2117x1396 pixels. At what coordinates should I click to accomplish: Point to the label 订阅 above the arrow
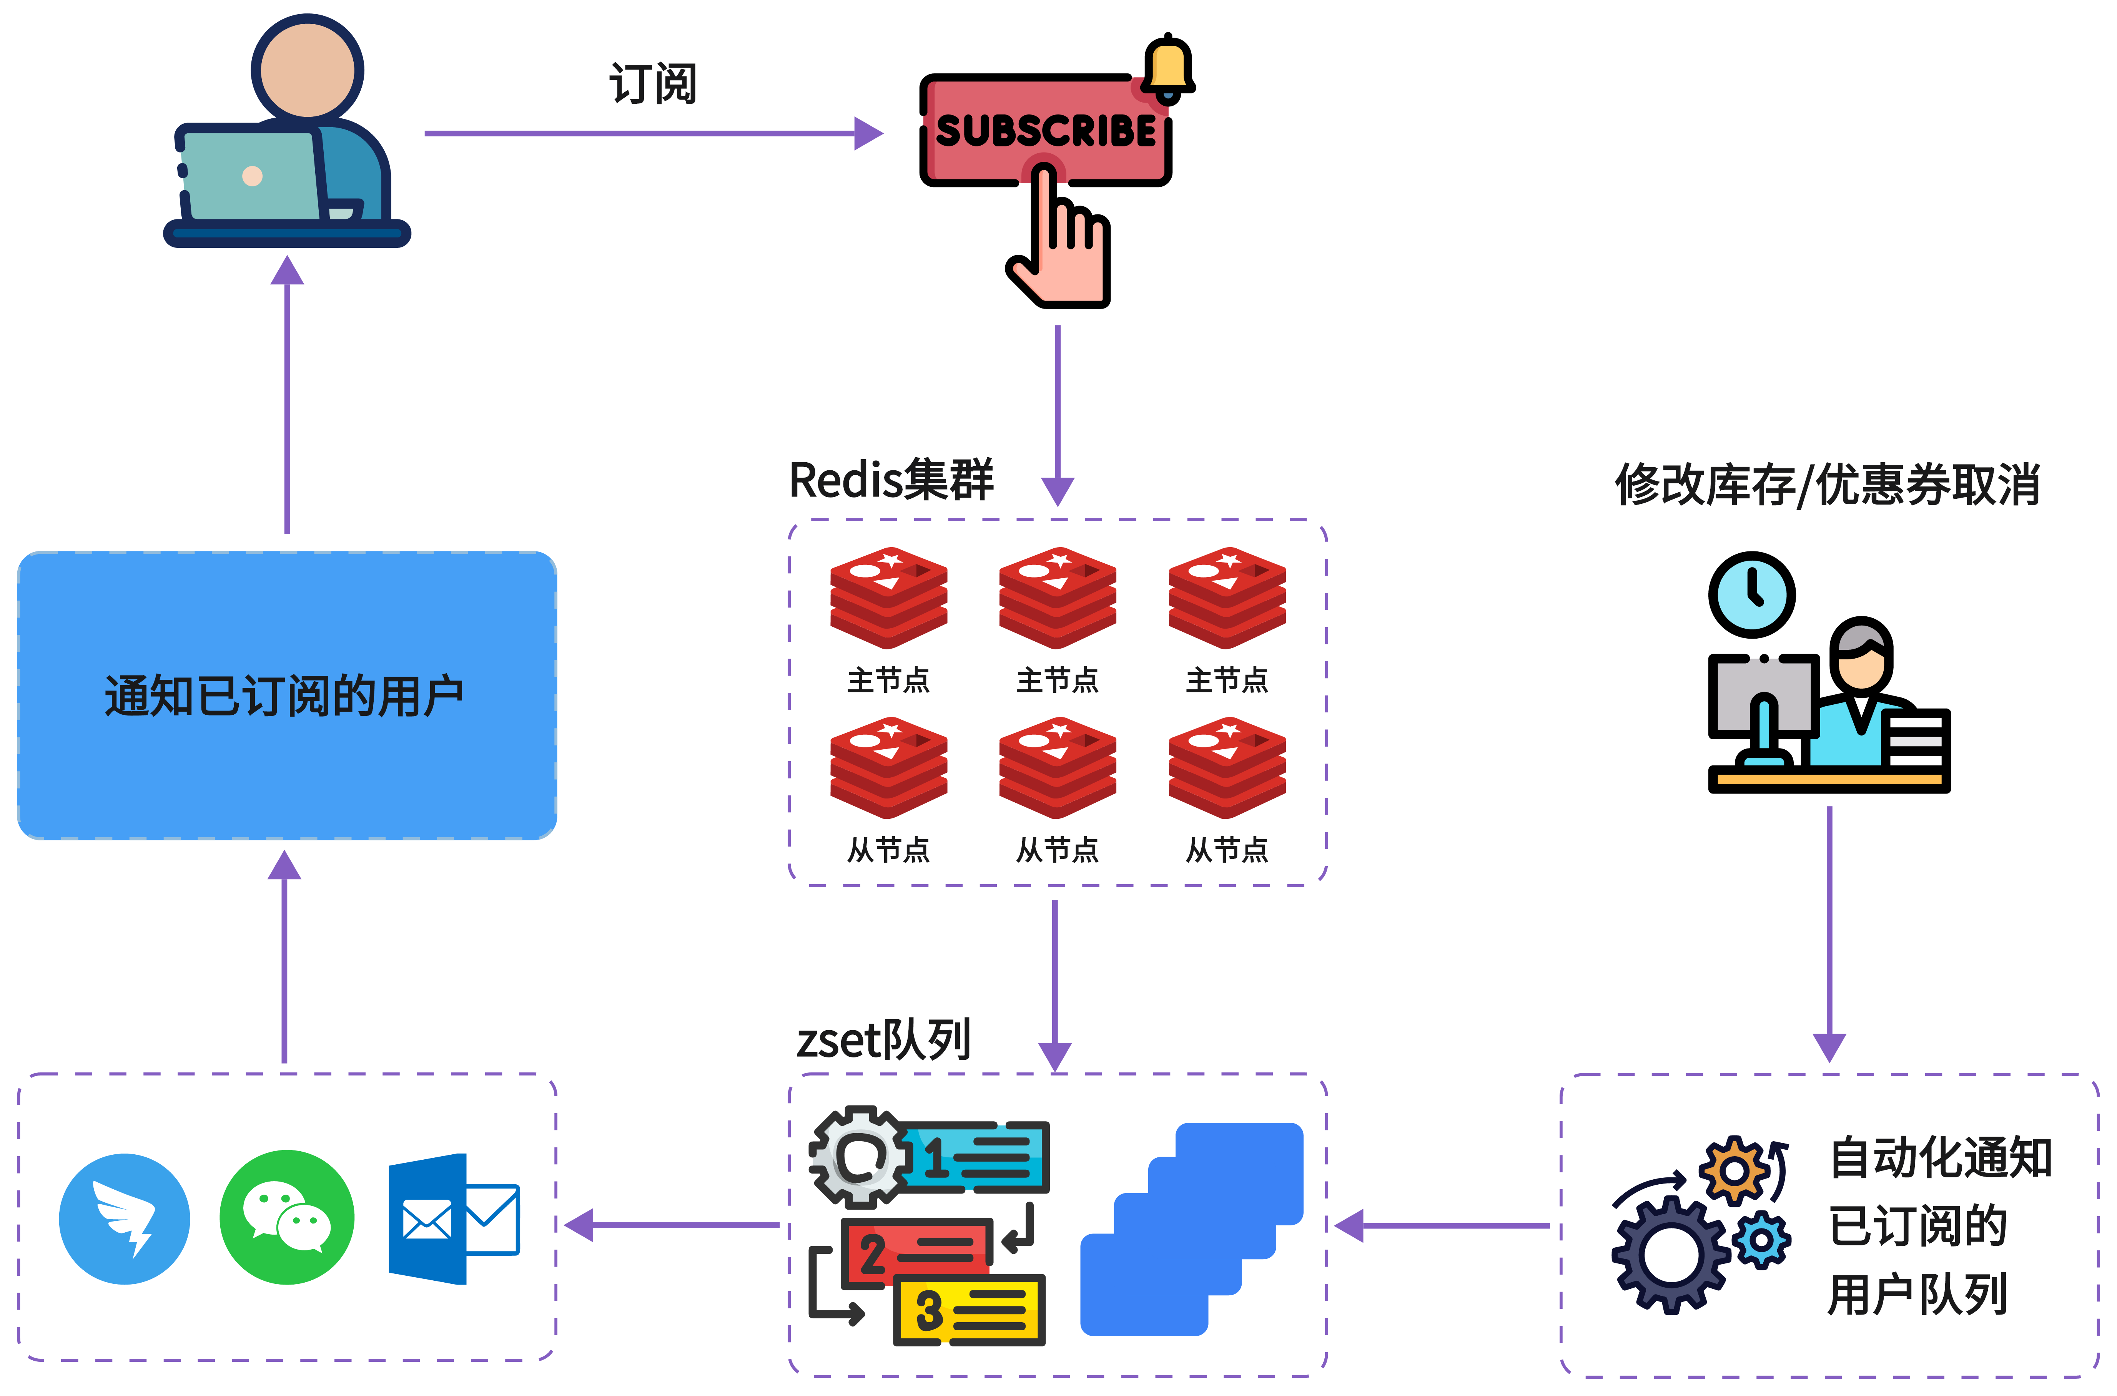pos(653,85)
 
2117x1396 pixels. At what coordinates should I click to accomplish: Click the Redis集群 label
pos(891,481)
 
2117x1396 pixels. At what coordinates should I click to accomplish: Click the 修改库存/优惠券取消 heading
pos(1828,485)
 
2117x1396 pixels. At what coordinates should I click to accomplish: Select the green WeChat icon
pos(287,1217)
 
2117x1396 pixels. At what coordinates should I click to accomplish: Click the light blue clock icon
pos(1751,595)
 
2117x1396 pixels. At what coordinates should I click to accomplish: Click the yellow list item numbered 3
pos(969,1311)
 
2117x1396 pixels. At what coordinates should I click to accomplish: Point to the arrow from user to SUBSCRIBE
pos(653,134)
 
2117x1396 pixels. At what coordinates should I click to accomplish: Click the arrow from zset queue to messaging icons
pos(672,1225)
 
